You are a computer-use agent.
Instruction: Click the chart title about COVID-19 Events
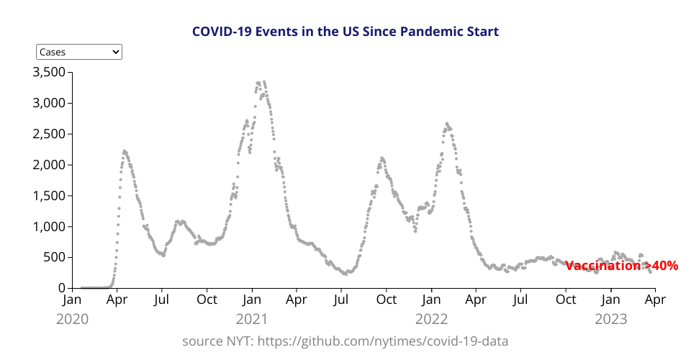coord(345,32)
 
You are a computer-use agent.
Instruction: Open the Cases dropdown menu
coord(79,52)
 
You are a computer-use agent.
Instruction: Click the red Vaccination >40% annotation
coord(622,266)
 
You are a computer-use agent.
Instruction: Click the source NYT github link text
coord(345,341)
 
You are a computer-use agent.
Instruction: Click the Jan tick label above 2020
coord(72,300)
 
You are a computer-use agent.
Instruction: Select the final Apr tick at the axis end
coord(654,300)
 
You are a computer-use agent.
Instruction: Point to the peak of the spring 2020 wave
coord(125,151)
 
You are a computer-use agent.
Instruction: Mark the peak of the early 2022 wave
coord(447,124)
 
